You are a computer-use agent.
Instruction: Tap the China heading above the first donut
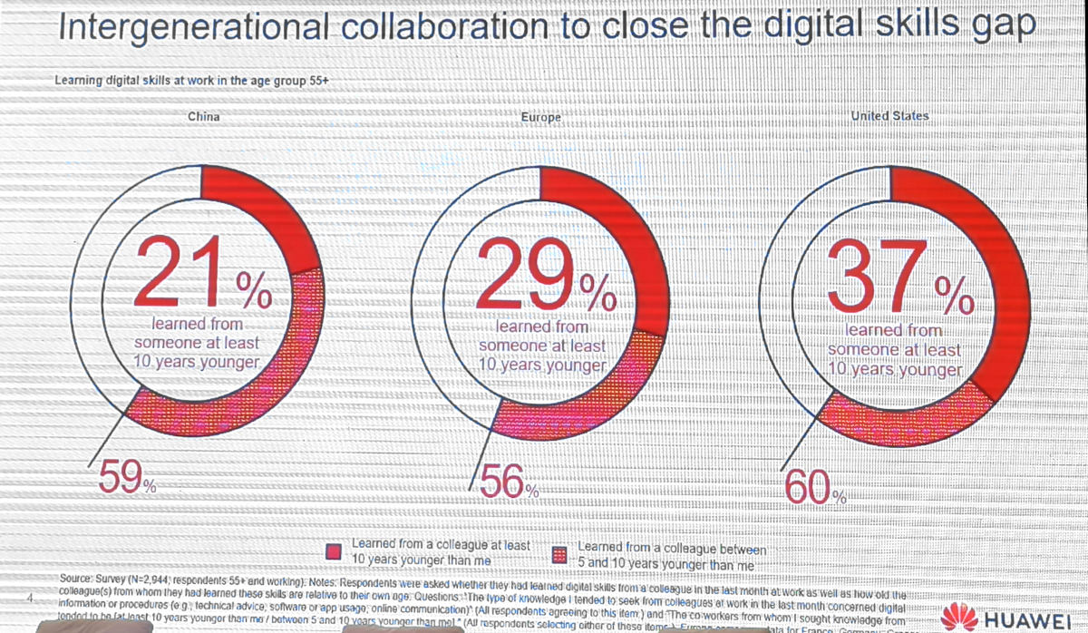click(203, 117)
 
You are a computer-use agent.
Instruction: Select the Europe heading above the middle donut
click(541, 118)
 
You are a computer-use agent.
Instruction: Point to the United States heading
click(890, 116)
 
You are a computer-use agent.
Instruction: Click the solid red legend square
click(335, 551)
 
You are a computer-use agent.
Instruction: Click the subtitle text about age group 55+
click(191, 80)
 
